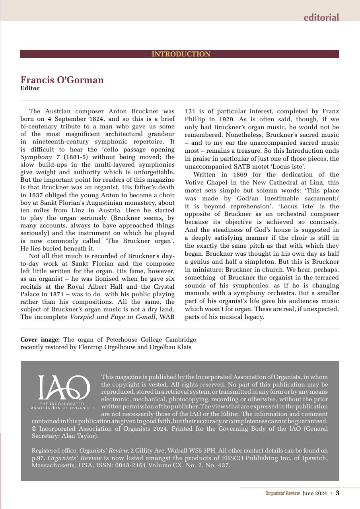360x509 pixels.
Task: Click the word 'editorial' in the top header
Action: pyautogui.click(x=321, y=17)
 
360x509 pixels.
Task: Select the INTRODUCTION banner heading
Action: pyautogui.click(x=181, y=54)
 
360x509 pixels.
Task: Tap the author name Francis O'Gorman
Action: pyautogui.click(x=62, y=80)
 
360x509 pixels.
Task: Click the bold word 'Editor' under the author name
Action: pyautogui.click(x=30, y=88)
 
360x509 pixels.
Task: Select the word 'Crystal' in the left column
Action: pyautogui.click(x=164, y=286)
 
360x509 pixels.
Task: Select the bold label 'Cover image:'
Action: pyautogui.click(x=40, y=340)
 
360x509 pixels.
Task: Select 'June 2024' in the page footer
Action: pyautogui.click(x=314, y=493)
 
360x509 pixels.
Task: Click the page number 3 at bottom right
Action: pyautogui.click(x=337, y=493)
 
